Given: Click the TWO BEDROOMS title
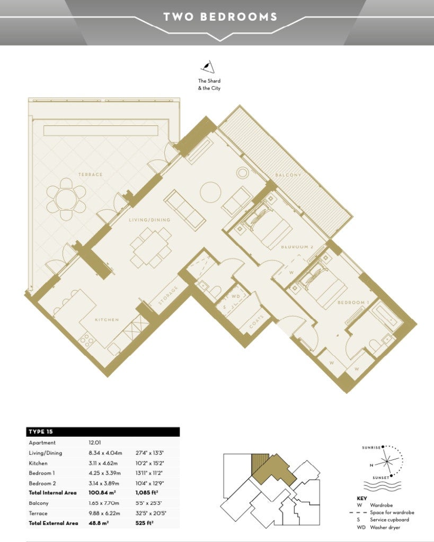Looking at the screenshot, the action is click(220, 16).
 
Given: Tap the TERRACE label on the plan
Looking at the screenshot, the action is click(90, 175).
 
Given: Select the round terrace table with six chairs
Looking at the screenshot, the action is click(66, 199).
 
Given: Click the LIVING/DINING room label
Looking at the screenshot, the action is click(149, 220).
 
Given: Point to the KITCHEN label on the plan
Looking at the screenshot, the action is click(107, 320).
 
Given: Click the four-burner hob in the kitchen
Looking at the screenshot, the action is click(87, 341).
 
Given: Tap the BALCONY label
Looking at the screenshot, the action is click(288, 175).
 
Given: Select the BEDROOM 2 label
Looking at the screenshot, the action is click(297, 247).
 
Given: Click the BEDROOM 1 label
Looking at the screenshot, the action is click(353, 302).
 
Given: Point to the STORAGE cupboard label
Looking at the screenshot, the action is click(168, 295).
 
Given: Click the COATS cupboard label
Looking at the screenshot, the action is click(257, 322).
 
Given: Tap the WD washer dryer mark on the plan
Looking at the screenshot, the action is click(236, 296).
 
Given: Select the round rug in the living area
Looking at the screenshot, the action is click(210, 192).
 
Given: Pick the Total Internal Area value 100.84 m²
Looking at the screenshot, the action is click(102, 493).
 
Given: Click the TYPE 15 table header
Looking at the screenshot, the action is click(41, 432).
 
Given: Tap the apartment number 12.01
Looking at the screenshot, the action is click(94, 442).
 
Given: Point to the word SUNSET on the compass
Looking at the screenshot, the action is click(380, 478).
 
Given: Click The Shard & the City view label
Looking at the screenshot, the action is click(209, 84).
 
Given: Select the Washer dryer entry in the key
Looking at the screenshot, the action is click(385, 528).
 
